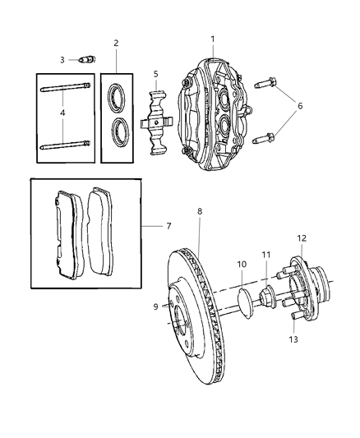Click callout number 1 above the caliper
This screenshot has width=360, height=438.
(212, 39)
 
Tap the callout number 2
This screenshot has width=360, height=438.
(116, 43)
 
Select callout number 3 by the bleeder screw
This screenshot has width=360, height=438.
(61, 59)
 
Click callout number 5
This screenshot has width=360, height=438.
(155, 73)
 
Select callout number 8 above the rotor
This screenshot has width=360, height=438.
(199, 211)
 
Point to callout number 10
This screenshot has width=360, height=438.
(242, 265)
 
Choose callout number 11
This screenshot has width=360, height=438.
(265, 256)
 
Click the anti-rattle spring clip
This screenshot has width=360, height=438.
(155, 124)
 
